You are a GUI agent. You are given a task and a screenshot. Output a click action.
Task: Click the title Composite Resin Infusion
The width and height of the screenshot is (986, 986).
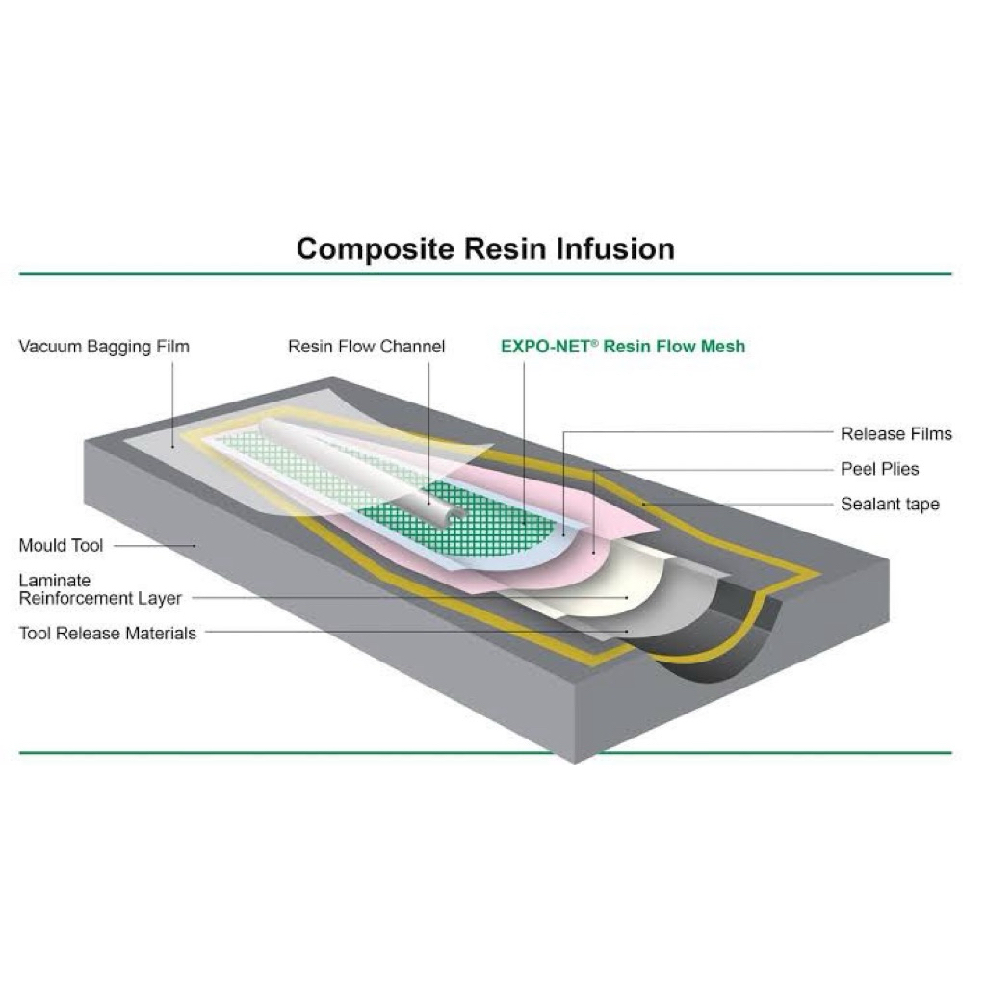click(485, 248)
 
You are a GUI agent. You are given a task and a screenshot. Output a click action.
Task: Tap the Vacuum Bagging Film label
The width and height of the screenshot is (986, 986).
click(104, 347)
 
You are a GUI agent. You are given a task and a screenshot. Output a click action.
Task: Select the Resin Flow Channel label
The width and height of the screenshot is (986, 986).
click(366, 347)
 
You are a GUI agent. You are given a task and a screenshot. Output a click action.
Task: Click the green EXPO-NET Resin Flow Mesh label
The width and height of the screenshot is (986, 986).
click(622, 347)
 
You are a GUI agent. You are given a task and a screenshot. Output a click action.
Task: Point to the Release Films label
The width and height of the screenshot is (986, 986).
click(895, 434)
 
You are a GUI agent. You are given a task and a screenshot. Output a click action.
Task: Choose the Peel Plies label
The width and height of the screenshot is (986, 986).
click(879, 469)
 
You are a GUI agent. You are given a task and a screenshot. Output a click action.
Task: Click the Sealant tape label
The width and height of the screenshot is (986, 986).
click(890, 504)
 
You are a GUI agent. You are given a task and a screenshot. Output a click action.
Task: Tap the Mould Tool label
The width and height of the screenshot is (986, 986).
click(61, 546)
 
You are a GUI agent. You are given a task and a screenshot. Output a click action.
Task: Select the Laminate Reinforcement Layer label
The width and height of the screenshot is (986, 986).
click(100, 589)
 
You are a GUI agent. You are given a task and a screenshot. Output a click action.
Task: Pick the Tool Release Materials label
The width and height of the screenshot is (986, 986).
click(108, 633)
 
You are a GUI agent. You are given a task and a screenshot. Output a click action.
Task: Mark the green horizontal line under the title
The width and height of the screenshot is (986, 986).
click(485, 274)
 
